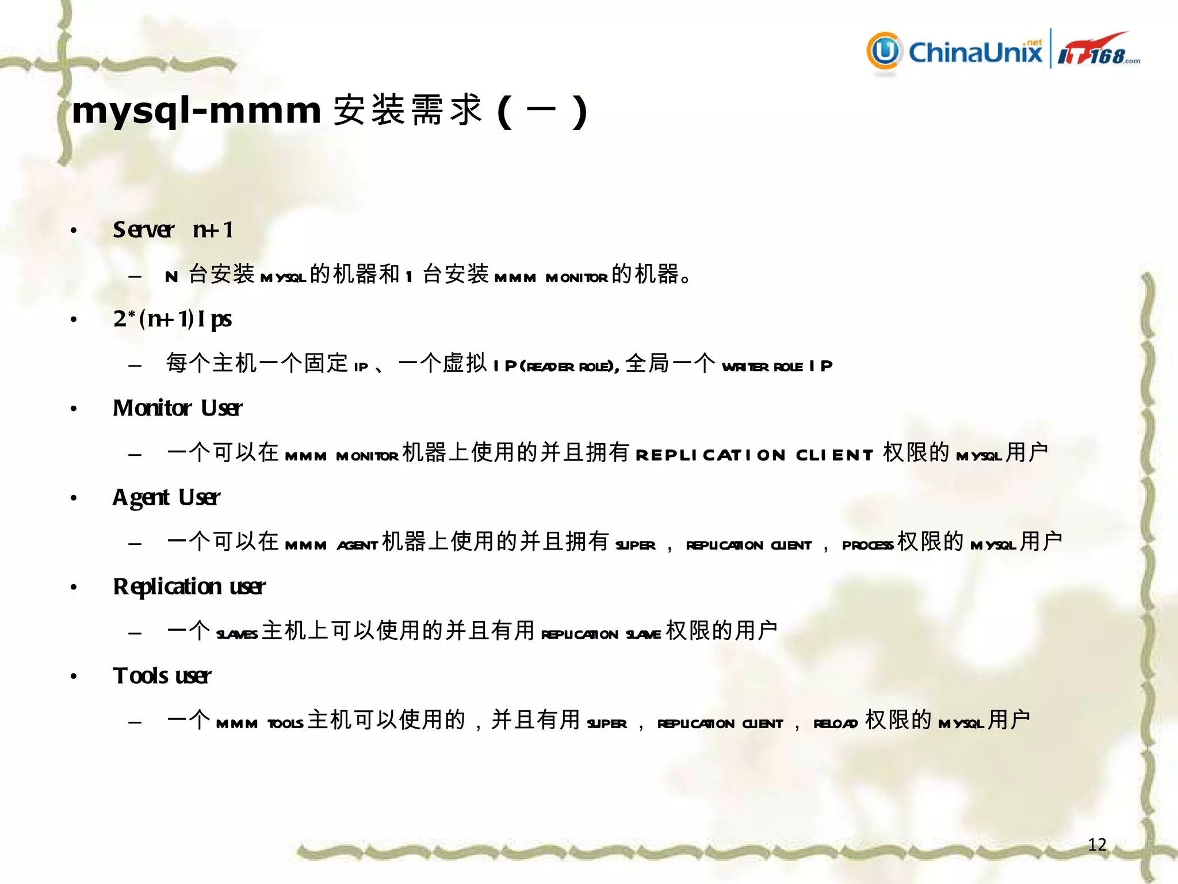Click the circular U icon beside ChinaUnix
[884, 51]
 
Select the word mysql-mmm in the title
[196, 110]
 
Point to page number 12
[1097, 844]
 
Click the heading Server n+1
[173, 230]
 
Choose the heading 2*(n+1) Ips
[172, 319]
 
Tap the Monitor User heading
[177, 408]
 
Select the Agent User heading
[166, 497]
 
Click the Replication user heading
[189, 586]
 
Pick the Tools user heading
[162, 676]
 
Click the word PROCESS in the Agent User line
[867, 545]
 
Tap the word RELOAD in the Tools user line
[835, 723]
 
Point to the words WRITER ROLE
[762, 367]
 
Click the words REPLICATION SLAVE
[601, 634]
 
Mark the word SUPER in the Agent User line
[635, 545]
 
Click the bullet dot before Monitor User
[74, 409]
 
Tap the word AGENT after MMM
[357, 545]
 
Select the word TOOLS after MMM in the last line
[285, 723]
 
